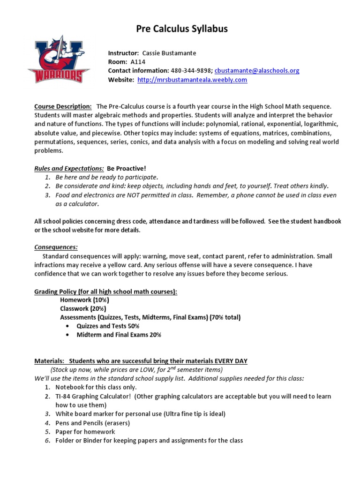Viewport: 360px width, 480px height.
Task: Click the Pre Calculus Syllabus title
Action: pyautogui.click(x=182, y=29)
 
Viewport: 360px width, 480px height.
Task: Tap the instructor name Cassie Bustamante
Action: pyautogui.click(x=165, y=53)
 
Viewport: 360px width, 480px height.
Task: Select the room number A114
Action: pyautogui.click(x=137, y=62)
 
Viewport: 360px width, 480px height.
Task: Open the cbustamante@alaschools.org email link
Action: pyautogui.click(x=257, y=71)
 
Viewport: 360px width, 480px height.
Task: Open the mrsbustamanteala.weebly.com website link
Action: pyautogui.click(x=192, y=80)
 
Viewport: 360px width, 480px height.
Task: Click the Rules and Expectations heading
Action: pyautogui.click(x=69, y=168)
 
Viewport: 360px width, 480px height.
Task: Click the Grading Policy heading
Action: pyautogui.click(x=106, y=292)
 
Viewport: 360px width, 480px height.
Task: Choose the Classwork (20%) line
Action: pyautogui.click(x=83, y=309)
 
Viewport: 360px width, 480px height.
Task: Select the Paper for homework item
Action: pyautogui.click(x=85, y=432)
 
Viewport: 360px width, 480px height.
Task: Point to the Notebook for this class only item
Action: pyautogui.click(x=96, y=387)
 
